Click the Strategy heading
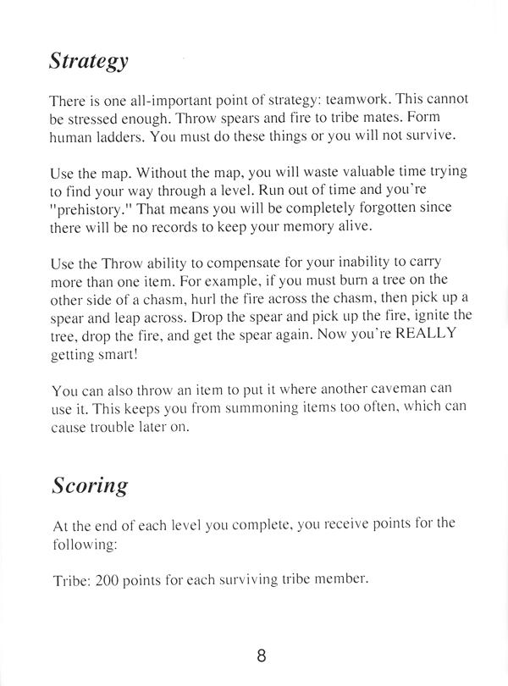(88, 61)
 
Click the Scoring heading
(89, 485)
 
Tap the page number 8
(262, 655)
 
